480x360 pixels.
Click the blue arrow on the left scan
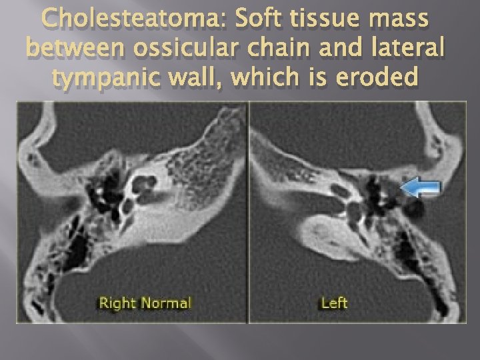(x=419, y=189)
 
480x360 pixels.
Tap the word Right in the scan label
(x=116, y=303)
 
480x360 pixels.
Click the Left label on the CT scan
(x=334, y=303)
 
